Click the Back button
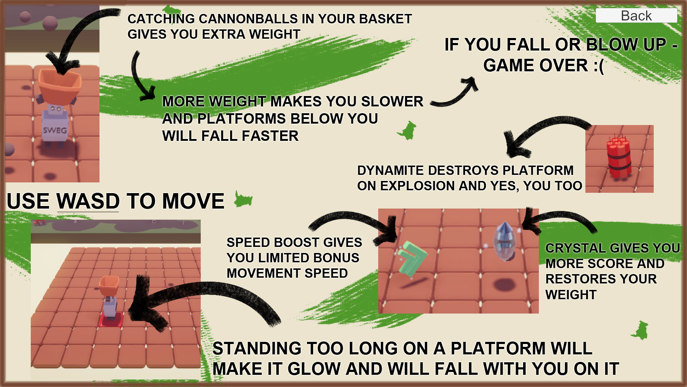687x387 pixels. (x=636, y=16)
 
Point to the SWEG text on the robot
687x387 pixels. (x=55, y=130)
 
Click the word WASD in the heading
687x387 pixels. (x=88, y=201)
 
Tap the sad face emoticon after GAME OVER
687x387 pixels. (x=599, y=66)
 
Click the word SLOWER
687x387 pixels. (x=392, y=101)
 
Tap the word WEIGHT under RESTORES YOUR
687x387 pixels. (x=571, y=295)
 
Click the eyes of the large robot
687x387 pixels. (x=55, y=109)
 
